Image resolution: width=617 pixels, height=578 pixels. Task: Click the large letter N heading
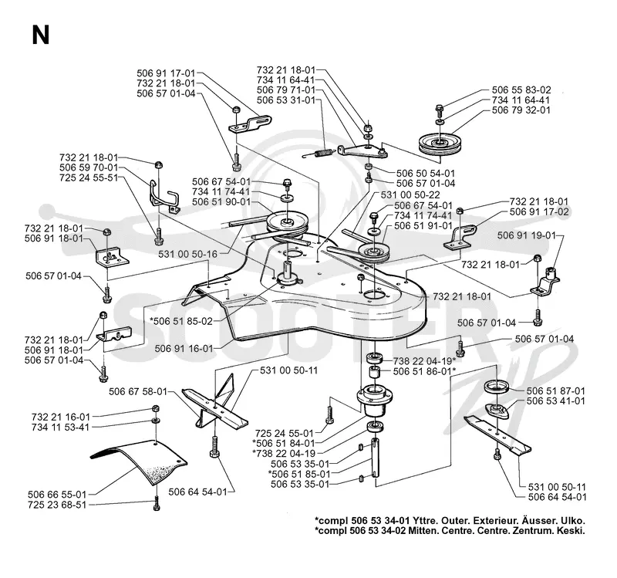coord(41,35)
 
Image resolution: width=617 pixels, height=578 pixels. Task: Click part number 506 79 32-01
coord(521,110)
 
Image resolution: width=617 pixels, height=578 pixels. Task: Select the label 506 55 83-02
coord(521,90)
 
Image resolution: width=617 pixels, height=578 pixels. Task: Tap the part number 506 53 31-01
coord(286,100)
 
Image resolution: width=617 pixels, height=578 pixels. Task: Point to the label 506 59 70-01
coord(89,167)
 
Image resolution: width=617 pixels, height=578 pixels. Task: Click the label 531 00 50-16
coord(187,255)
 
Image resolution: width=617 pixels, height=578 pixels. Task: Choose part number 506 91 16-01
coord(184,349)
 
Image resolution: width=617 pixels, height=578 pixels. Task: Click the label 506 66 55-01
coord(57,494)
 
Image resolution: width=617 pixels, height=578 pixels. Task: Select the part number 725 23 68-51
coord(57,505)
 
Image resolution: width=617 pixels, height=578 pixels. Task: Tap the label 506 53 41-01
coord(555,401)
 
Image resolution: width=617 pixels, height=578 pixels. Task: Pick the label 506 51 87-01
coord(555,390)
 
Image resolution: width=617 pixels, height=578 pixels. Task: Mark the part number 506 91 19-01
coord(527,235)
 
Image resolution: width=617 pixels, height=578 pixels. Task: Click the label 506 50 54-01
coord(426,173)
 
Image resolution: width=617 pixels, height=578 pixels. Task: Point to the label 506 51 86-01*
coord(425,371)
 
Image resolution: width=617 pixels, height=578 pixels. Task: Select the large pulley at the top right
coord(437,144)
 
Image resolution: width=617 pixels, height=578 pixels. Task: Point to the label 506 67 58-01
coord(138,391)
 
